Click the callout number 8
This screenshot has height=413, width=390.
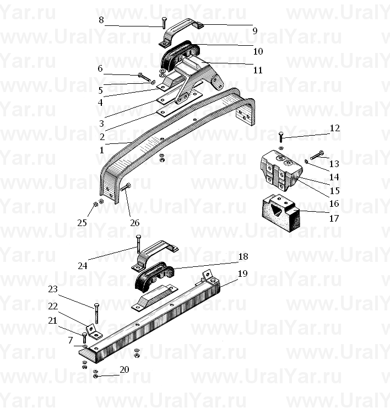(101, 20)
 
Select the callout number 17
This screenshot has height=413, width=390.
(334, 218)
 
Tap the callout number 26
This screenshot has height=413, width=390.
(135, 223)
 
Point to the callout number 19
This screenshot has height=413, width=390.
(242, 273)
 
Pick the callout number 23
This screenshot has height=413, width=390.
(53, 289)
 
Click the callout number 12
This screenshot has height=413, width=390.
(335, 128)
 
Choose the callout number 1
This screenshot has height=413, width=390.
(101, 151)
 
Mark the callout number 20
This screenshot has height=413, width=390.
(124, 369)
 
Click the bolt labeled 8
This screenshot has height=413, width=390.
(164, 23)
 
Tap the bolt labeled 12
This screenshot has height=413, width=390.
(281, 137)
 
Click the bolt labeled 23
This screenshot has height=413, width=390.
(96, 313)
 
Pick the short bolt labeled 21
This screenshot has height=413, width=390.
(85, 338)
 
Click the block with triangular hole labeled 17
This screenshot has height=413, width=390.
(281, 213)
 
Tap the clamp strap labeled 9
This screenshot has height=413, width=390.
(182, 31)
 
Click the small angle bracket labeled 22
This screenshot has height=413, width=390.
(94, 331)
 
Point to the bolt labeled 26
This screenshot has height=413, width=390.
(126, 187)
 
